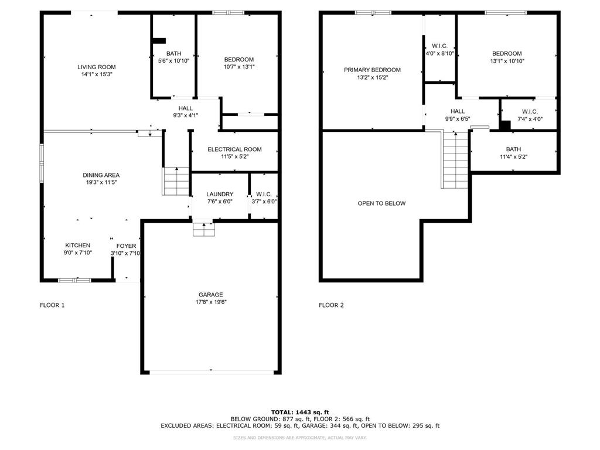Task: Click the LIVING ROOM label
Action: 97,67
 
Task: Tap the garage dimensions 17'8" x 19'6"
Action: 211,302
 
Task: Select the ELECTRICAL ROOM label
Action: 234,149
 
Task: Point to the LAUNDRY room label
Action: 220,195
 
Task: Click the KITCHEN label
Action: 78,246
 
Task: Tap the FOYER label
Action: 127,246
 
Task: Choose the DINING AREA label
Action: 101,175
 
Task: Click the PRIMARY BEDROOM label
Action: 372,70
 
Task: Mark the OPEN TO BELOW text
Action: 381,203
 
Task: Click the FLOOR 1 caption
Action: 52,305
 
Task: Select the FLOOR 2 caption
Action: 332,305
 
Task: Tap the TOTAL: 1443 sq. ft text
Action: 300,412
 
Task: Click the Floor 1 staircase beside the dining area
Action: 176,182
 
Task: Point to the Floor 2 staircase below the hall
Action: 455,159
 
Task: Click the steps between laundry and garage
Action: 204,229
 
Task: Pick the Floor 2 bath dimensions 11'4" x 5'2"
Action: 513,156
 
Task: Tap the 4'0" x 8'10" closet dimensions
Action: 440,53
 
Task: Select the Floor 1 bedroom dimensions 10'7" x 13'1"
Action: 239,67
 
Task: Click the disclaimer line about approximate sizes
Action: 300,437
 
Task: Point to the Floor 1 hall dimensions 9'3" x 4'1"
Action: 186,115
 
